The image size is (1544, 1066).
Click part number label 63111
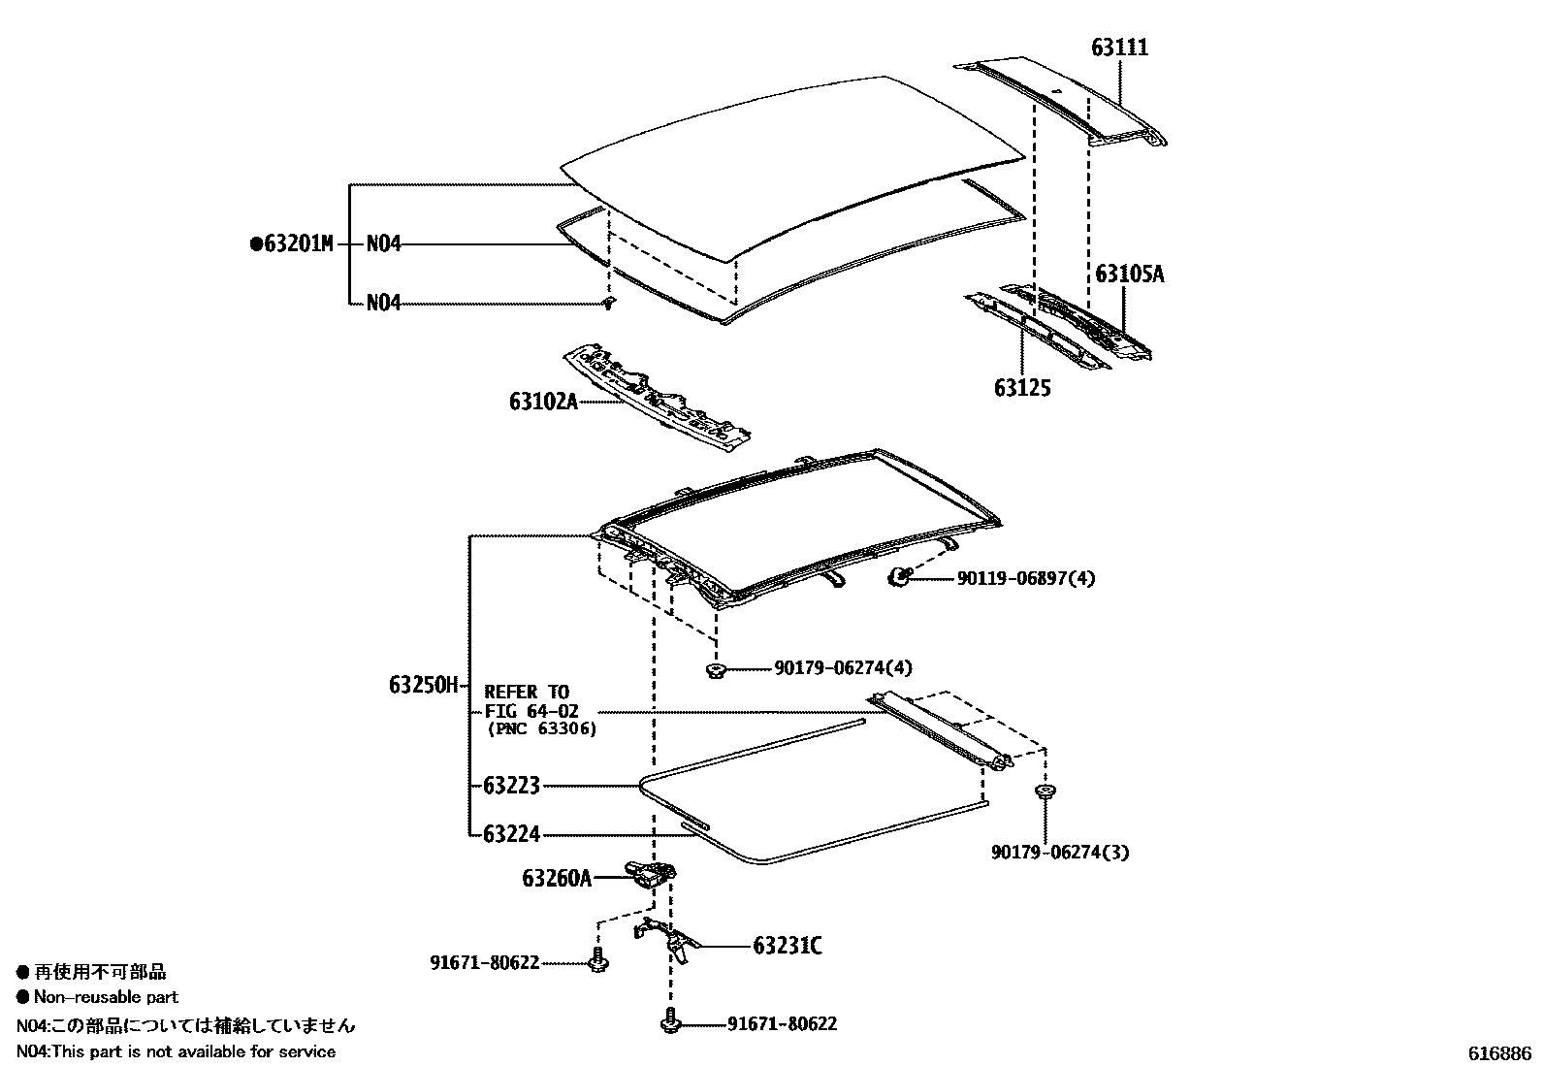[1119, 48]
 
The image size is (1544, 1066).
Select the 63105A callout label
[1129, 275]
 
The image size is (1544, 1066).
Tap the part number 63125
[1021, 388]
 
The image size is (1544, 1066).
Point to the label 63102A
[543, 400]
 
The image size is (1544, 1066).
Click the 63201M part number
[297, 244]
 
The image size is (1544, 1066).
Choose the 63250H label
[423, 685]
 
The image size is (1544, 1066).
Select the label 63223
[511, 785]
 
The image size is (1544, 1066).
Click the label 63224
[511, 833]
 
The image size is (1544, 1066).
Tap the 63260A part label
[556, 878]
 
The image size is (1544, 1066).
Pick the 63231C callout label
[787, 946]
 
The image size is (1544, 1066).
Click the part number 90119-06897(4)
[1026, 578]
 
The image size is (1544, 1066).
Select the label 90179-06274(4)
[843, 668]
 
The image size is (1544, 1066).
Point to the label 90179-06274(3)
[1060, 853]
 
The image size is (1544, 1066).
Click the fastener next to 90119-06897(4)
[899, 577]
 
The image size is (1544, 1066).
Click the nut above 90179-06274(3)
[1045, 793]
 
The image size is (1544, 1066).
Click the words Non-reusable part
[106, 997]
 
